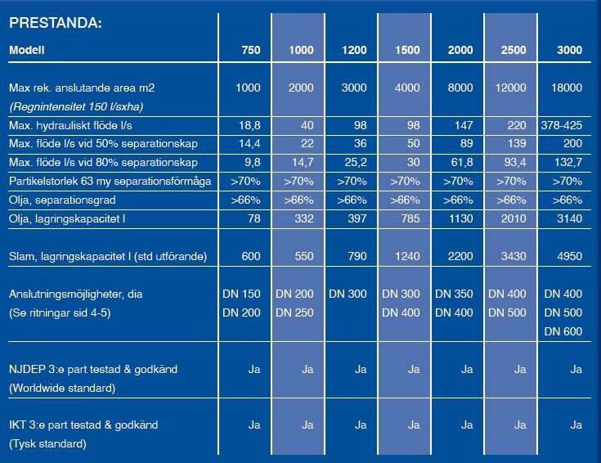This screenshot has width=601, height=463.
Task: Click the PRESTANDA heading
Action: pos(55,23)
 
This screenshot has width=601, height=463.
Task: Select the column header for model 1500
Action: pos(408,51)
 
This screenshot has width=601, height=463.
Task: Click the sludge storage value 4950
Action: pos(567,257)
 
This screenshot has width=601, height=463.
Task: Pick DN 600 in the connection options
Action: pos(563,331)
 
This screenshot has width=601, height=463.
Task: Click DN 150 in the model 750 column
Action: pos(241,293)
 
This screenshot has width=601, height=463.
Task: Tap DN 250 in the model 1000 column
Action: pos(294,312)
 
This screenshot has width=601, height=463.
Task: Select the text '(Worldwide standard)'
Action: pos(62,388)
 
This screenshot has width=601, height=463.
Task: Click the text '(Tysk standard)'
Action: pos(48,444)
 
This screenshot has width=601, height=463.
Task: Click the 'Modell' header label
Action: pos(27,51)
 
